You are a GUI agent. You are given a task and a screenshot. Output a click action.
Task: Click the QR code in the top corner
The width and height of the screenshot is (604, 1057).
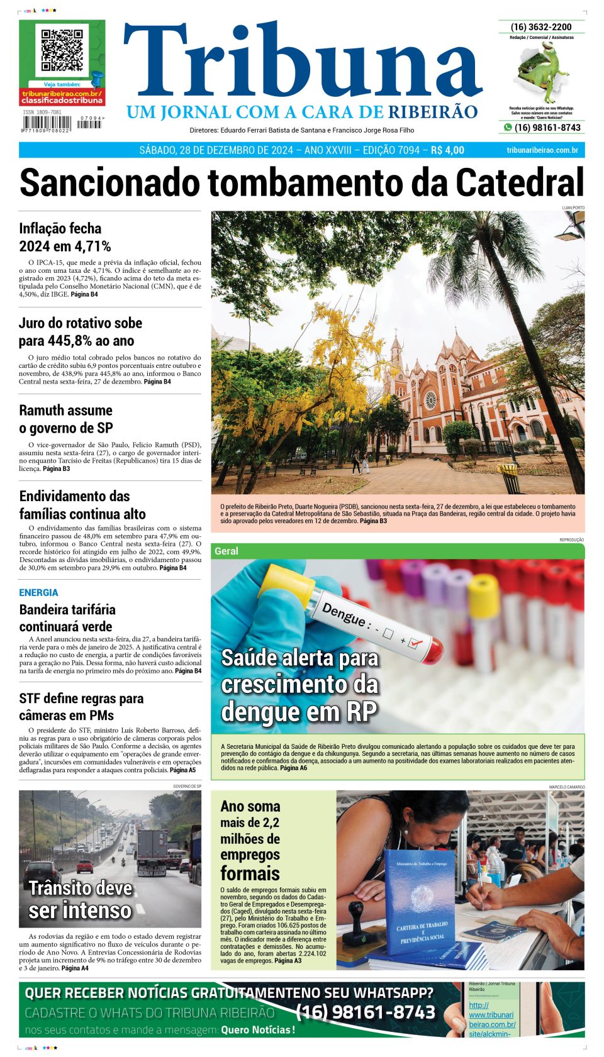(x=62, y=50)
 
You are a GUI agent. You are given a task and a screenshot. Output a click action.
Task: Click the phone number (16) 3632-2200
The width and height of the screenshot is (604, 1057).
(x=541, y=27)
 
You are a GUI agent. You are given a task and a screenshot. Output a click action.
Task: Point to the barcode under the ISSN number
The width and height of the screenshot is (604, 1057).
(x=48, y=123)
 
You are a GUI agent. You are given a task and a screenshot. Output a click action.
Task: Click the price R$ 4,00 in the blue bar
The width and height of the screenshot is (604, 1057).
(x=447, y=150)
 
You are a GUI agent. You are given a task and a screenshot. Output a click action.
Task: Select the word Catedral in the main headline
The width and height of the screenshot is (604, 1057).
(x=519, y=183)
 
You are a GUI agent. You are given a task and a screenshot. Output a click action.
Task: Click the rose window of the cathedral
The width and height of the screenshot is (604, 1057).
(x=430, y=400)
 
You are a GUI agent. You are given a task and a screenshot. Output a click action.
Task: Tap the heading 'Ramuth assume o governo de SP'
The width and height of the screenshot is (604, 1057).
(x=66, y=419)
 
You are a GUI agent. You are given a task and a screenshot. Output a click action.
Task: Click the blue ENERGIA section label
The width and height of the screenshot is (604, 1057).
(x=38, y=592)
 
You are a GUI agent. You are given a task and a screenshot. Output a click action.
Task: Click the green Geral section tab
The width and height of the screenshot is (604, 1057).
(x=226, y=551)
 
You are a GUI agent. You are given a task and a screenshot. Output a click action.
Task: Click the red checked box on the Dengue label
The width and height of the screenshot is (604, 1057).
(x=415, y=643)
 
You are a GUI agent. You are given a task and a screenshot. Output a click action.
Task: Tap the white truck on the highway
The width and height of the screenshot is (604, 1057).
(x=152, y=851)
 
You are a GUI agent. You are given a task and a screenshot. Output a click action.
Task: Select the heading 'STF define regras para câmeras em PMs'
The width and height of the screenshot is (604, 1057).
(x=81, y=707)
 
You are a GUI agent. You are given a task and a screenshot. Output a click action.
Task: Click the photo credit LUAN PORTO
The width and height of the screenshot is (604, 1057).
(x=573, y=208)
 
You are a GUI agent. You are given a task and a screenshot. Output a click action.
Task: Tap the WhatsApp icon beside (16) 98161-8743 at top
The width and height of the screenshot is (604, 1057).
(x=508, y=128)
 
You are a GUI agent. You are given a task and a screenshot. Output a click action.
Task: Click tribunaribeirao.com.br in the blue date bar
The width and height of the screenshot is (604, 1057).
(x=542, y=150)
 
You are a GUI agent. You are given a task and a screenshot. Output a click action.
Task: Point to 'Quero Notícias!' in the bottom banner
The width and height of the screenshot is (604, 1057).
(x=258, y=1030)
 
